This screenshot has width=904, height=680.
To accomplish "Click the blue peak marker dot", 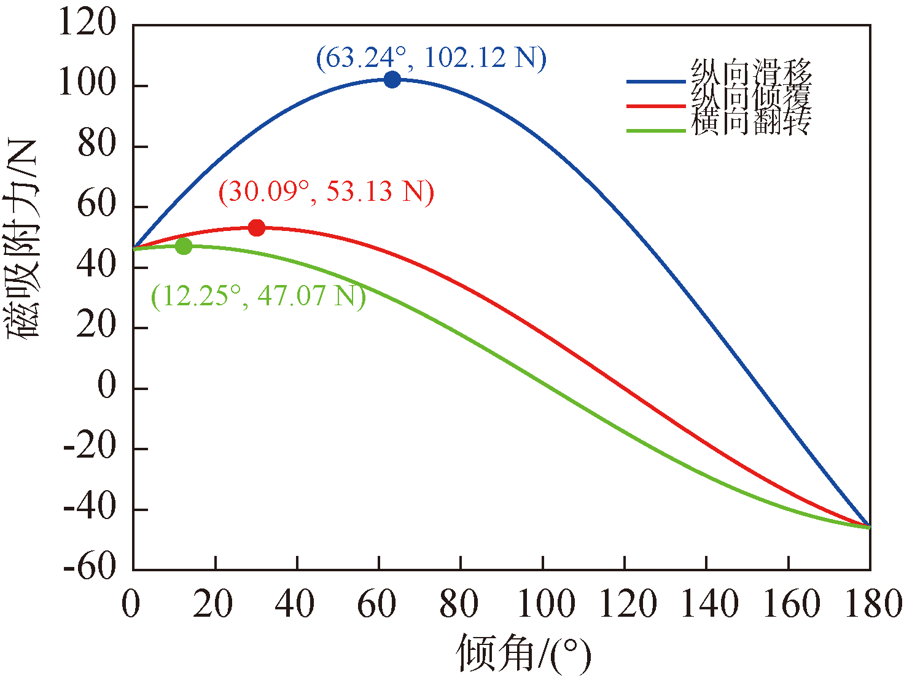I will pos(392,79).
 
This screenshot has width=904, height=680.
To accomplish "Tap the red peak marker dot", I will pos(256,228).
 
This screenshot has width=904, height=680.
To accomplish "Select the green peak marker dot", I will pos(184,246).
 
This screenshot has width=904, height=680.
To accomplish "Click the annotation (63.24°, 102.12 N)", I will pos(431,58).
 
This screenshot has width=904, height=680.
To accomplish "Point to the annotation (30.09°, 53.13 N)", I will pos(326,192).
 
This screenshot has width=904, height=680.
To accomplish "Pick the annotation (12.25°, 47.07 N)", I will pos(259,296).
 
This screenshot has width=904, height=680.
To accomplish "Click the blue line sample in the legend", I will pos(655,81).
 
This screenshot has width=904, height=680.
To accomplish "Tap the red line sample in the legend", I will pos(655,106).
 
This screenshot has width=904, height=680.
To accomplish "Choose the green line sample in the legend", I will pos(655,130).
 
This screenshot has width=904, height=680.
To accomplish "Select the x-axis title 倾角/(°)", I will pos(523,654).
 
